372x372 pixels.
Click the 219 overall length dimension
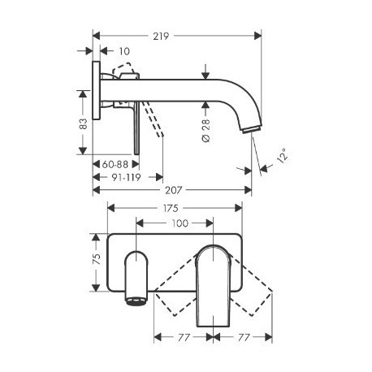(161, 36)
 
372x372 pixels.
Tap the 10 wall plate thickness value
(124, 51)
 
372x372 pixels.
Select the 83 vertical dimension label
(84, 123)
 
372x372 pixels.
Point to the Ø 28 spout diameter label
(206, 131)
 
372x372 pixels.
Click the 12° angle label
(282, 155)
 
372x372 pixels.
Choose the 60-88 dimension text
(115, 164)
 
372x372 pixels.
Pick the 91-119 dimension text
(126, 178)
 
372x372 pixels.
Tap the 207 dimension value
(173, 190)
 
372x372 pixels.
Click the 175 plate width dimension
(171, 208)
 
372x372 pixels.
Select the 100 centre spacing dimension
(180, 223)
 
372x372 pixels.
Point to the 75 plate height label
(97, 259)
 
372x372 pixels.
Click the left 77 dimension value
(184, 338)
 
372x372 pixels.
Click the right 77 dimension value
(244, 338)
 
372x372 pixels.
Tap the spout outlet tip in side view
(252, 130)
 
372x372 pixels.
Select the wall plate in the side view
(96, 90)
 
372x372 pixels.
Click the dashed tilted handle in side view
(154, 119)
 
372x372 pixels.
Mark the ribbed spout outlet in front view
(136, 301)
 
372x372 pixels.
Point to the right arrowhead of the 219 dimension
(258, 36)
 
